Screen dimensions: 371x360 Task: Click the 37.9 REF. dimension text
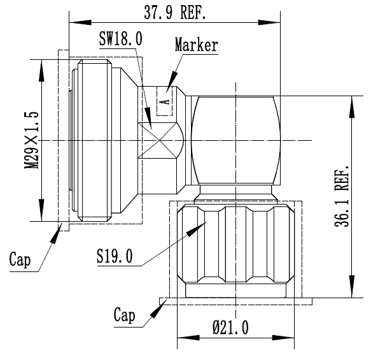click(x=174, y=12)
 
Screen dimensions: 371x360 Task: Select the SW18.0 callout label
click(x=121, y=39)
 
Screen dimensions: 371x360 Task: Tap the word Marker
click(x=197, y=45)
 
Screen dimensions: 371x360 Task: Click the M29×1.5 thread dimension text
click(x=31, y=140)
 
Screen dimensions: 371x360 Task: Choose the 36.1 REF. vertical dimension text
click(x=342, y=196)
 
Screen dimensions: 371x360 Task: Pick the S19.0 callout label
click(x=115, y=256)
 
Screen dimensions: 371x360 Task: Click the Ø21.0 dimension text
click(x=231, y=328)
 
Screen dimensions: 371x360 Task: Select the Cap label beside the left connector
click(x=20, y=260)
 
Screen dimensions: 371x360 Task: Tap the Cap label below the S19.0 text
click(x=125, y=315)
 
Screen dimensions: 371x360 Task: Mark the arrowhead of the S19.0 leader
click(x=196, y=229)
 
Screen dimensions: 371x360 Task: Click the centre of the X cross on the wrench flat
click(x=160, y=140)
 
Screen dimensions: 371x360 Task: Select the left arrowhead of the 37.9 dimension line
click(x=80, y=23)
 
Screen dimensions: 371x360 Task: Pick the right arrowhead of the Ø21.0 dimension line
click(x=283, y=338)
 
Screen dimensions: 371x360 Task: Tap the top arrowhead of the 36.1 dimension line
click(x=352, y=106)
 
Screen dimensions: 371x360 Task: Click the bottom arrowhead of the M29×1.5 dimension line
click(x=41, y=210)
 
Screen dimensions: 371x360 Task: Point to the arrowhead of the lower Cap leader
click(x=158, y=309)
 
